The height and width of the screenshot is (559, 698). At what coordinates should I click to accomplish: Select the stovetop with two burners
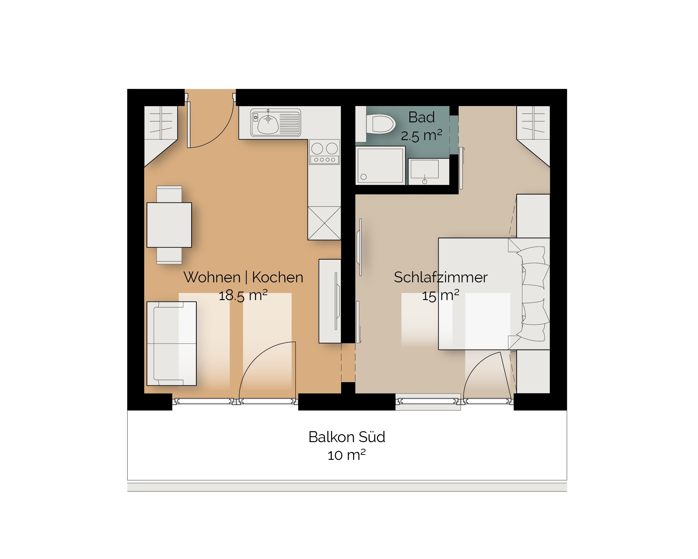pyautogui.click(x=324, y=152)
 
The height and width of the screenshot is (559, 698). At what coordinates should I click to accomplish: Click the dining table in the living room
pyautogui.click(x=169, y=225)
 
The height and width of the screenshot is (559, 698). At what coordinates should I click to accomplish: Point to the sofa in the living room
pyautogui.click(x=172, y=343)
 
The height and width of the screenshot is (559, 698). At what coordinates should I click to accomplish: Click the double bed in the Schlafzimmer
pyautogui.click(x=494, y=294)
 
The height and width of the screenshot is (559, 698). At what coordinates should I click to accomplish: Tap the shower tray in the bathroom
pyautogui.click(x=380, y=166)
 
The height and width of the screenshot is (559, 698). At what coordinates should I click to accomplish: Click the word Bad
pyautogui.click(x=421, y=117)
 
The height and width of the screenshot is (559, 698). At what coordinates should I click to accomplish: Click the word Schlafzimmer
pyautogui.click(x=441, y=277)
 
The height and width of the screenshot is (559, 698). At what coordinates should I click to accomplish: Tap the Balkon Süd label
pyautogui.click(x=347, y=437)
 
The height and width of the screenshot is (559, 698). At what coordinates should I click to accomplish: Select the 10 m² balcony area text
pyautogui.click(x=347, y=455)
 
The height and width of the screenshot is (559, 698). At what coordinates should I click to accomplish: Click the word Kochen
pyautogui.click(x=277, y=277)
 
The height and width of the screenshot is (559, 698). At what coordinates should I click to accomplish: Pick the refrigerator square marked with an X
pyautogui.click(x=324, y=223)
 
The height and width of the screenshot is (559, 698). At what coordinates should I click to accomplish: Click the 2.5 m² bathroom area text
pyautogui.click(x=421, y=135)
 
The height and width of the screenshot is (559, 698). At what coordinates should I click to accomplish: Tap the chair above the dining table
pyautogui.click(x=169, y=194)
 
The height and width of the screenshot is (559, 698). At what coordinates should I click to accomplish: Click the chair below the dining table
pyautogui.click(x=169, y=256)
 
